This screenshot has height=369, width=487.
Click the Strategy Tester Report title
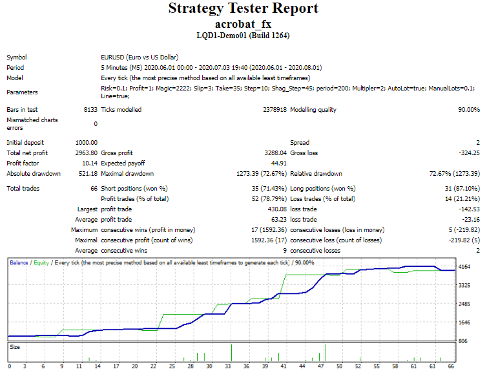243,8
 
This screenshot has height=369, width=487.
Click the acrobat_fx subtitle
243,23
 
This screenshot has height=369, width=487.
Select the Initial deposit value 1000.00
86,142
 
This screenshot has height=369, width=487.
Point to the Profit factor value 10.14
88,163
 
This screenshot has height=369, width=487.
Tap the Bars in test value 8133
90,110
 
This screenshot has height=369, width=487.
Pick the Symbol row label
16,57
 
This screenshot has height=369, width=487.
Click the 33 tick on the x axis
228,366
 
